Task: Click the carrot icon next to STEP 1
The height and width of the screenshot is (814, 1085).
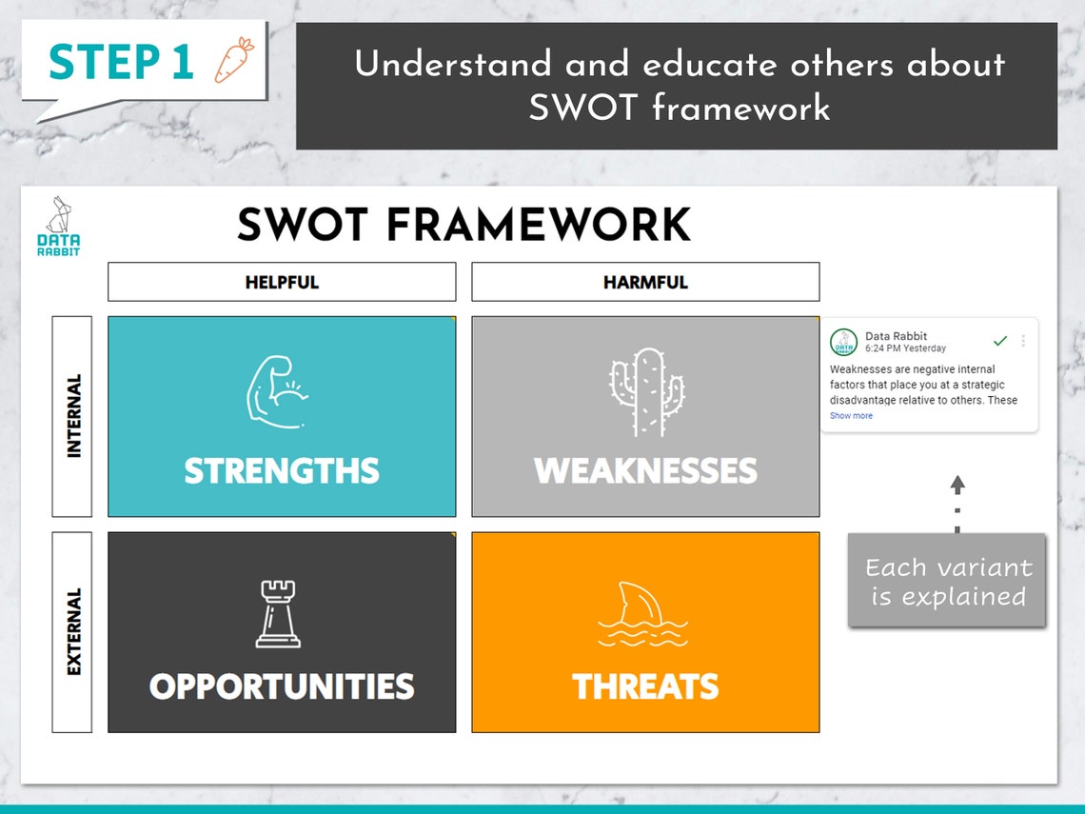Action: coord(233,60)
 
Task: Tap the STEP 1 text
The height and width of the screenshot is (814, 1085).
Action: coord(121,63)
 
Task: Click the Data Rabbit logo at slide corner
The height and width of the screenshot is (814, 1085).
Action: coord(59,227)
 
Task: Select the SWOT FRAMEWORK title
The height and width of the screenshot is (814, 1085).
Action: coord(464,226)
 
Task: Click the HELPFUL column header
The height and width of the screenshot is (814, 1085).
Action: coord(282,282)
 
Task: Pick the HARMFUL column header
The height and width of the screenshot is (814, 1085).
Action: coord(645,282)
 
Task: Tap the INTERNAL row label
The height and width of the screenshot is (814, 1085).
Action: coord(72,416)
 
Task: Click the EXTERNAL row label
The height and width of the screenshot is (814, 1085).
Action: coord(72,631)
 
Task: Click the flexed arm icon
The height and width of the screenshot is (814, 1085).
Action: coord(276,389)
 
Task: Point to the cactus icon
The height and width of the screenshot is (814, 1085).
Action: coord(646,391)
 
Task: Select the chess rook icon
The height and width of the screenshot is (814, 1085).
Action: coord(278,614)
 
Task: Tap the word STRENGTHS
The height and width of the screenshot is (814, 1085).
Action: coord(282,471)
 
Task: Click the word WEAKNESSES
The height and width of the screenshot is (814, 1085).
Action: coord(645,471)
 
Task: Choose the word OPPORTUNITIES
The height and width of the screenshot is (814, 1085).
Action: coord(282,686)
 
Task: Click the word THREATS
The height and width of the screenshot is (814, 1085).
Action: coord(645,686)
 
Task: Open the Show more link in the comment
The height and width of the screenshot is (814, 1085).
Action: coord(851,416)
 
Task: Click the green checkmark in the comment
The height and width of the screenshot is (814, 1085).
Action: coord(999,341)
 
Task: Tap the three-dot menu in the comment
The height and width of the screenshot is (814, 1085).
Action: coord(1023,341)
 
